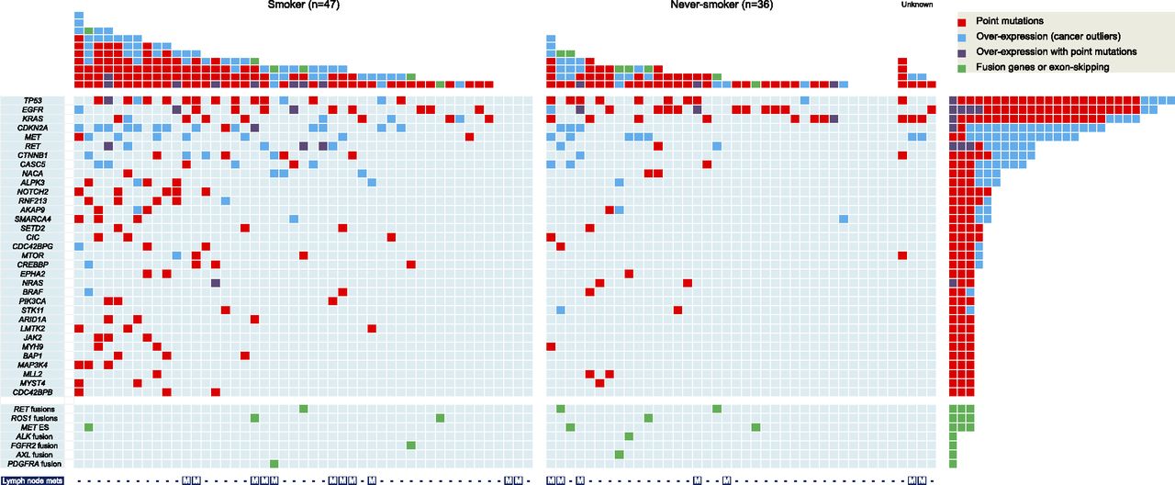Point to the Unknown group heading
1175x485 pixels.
pyautogui.click(x=917, y=6)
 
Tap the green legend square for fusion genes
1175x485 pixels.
pyautogui.click(x=962, y=67)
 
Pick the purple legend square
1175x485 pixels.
pyautogui.click(x=962, y=52)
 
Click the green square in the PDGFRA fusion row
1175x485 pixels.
pyautogui.click(x=274, y=464)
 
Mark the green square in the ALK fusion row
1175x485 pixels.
pyautogui.click(x=629, y=436)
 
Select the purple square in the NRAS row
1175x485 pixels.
pyautogui.click(x=215, y=283)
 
